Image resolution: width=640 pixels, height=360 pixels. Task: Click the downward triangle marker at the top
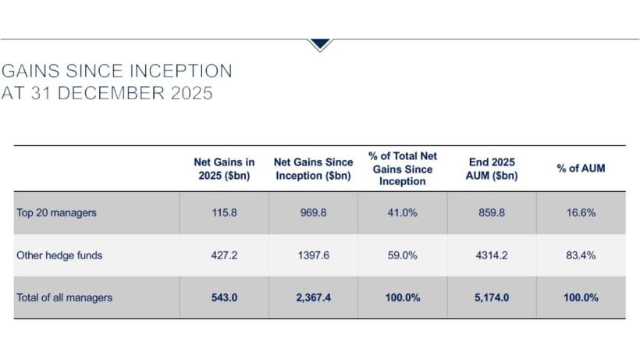(x=320, y=45)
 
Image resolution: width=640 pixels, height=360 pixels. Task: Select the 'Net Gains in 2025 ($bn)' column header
(x=224, y=169)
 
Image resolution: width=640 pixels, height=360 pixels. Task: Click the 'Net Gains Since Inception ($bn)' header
(x=313, y=169)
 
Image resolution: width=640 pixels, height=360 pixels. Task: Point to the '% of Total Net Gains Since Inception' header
(x=402, y=169)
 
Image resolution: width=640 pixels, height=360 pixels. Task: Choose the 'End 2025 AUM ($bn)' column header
(x=491, y=169)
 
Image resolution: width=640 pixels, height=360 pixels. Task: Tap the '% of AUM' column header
(x=581, y=169)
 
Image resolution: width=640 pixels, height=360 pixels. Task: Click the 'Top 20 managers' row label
(x=56, y=213)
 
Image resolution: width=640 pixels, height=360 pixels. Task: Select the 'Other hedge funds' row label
(x=59, y=255)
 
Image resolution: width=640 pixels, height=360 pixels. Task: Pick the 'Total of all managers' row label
(x=65, y=298)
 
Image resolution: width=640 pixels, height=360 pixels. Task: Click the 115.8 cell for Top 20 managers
(x=224, y=213)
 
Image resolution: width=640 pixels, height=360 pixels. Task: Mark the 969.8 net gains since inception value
(x=313, y=213)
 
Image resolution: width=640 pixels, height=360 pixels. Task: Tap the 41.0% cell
(x=402, y=213)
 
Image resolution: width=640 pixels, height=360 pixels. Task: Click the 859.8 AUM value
(x=491, y=213)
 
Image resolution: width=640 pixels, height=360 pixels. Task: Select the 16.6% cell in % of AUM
(x=581, y=213)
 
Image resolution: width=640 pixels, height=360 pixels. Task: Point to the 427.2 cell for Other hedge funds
(x=224, y=255)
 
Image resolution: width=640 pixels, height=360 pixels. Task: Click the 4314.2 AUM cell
(x=491, y=255)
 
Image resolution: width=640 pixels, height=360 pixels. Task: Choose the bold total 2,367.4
(x=313, y=298)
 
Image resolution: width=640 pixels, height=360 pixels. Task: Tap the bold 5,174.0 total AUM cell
(x=491, y=298)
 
